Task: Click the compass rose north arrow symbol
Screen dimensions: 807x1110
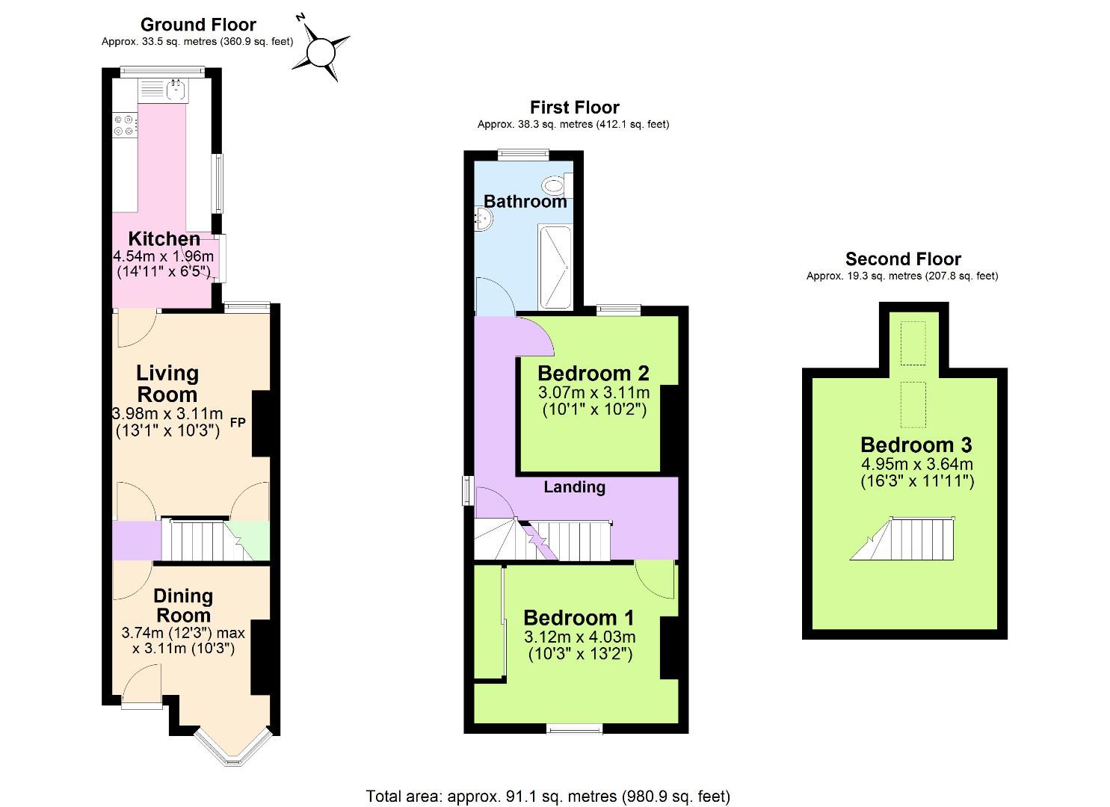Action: (321, 51)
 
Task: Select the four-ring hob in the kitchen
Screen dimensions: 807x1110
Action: (124, 125)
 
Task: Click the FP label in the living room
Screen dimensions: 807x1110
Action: (238, 424)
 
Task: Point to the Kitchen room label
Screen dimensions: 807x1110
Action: (164, 239)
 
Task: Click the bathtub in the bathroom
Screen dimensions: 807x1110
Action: (555, 268)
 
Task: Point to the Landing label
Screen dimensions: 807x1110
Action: (574, 487)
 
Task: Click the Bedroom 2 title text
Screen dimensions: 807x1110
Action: (593, 373)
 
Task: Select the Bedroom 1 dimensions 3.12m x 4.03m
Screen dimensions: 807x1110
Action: (579, 637)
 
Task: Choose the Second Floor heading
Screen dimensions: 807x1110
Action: (903, 259)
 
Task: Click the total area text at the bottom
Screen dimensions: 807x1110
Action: (548, 796)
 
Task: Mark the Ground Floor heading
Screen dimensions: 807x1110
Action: (198, 25)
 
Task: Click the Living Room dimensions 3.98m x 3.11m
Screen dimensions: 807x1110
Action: (167, 413)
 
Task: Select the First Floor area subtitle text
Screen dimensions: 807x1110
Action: (573, 125)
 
